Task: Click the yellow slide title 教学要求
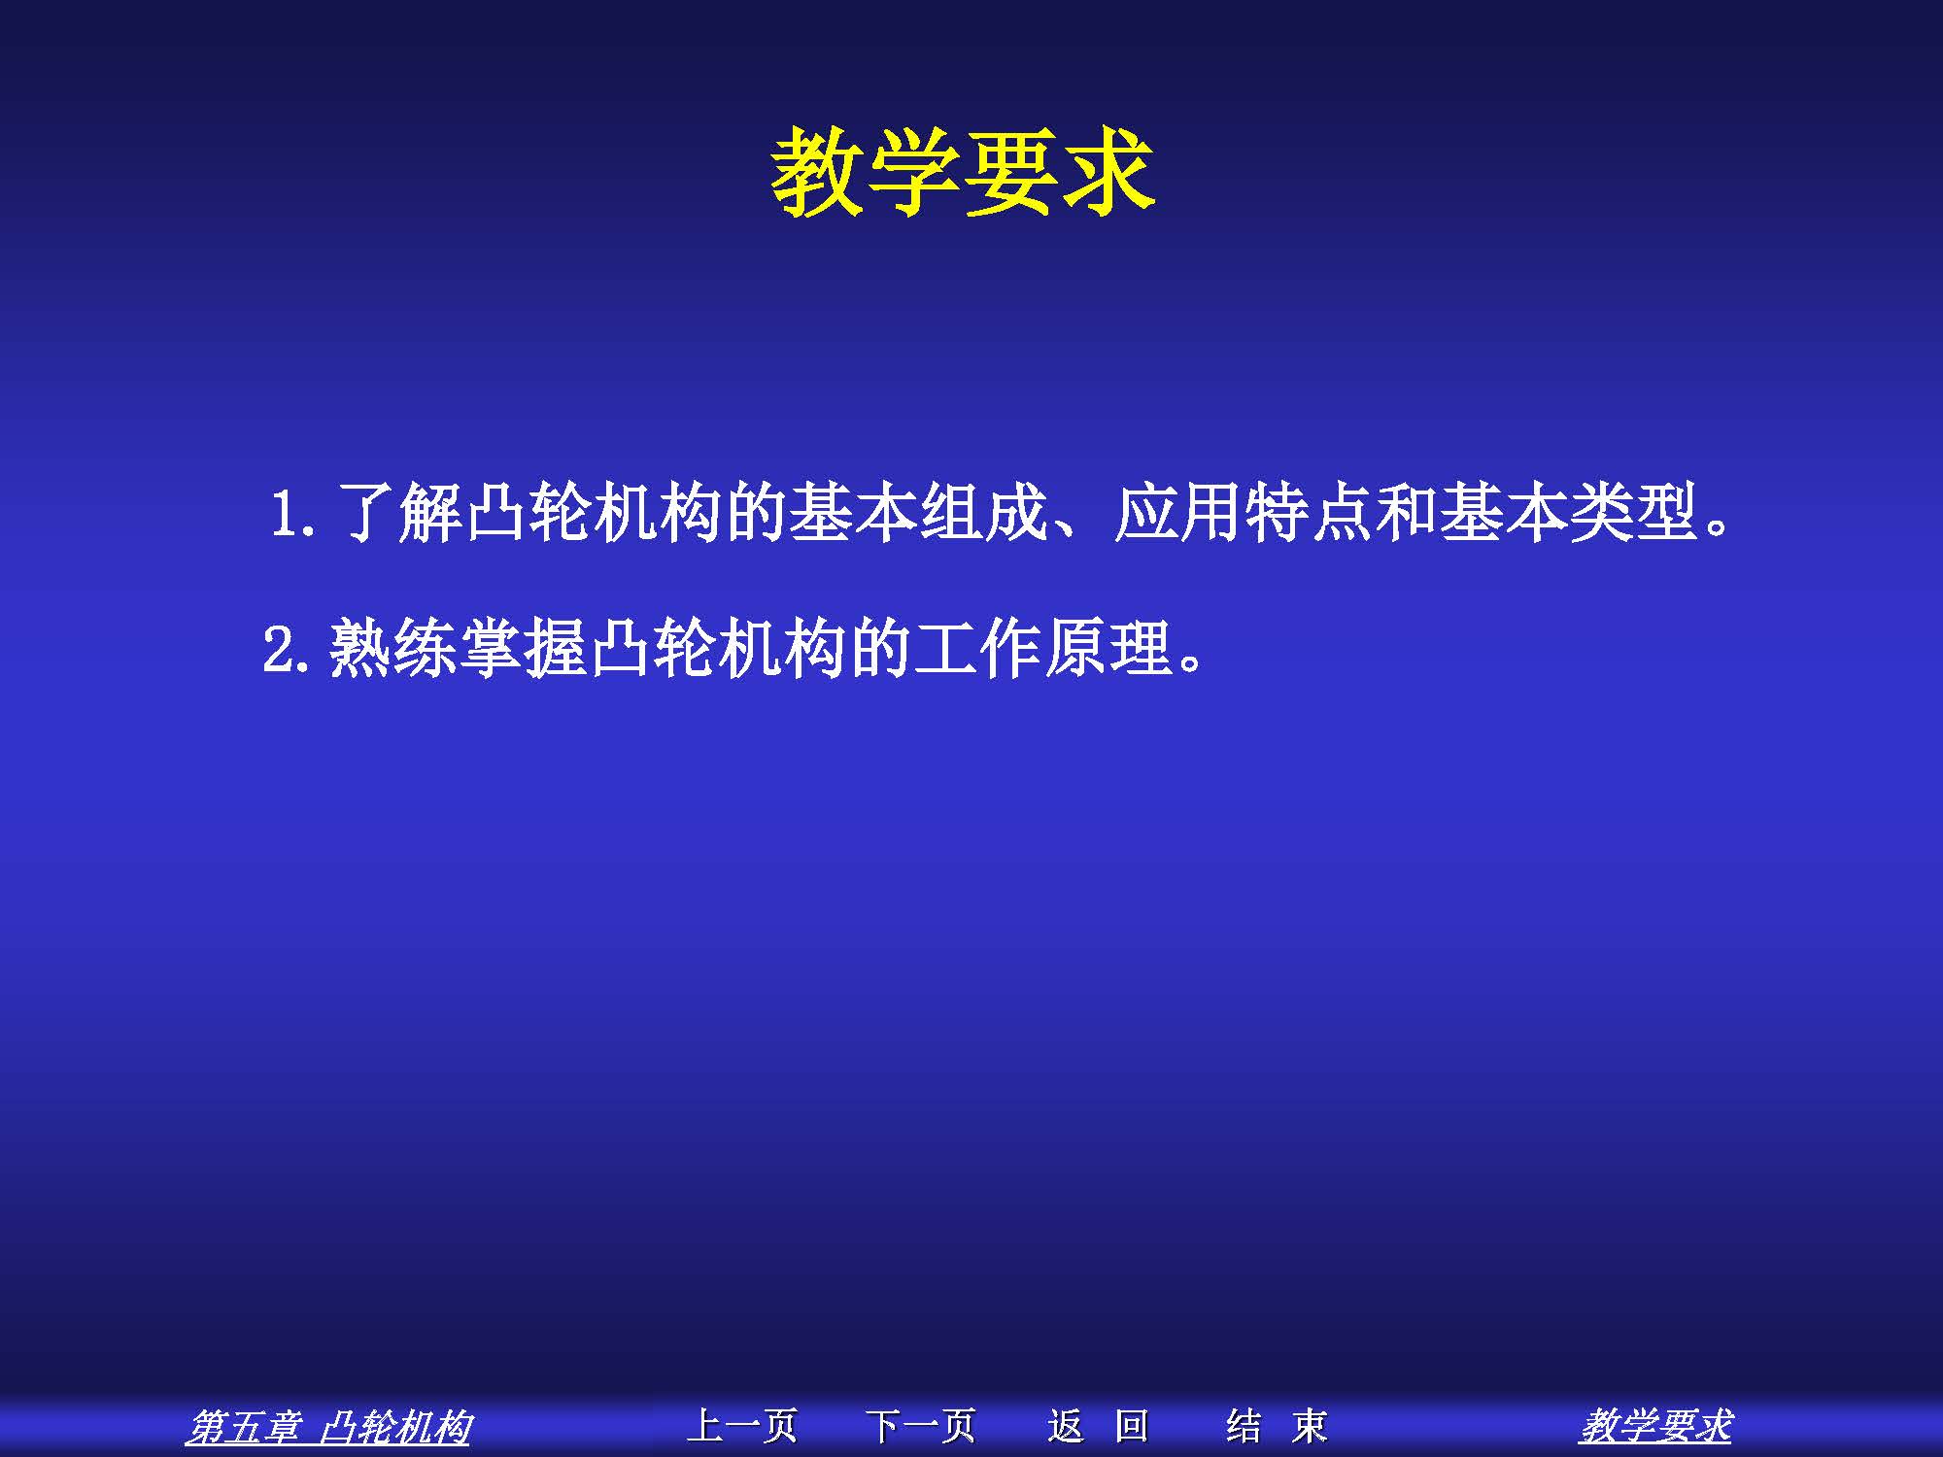pos(963,172)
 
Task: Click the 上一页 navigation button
pos(742,1426)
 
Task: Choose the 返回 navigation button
pos(1098,1426)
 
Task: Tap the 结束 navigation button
pos(1277,1426)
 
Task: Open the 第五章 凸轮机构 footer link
pos(328,1427)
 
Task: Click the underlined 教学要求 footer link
pos(1655,1427)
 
